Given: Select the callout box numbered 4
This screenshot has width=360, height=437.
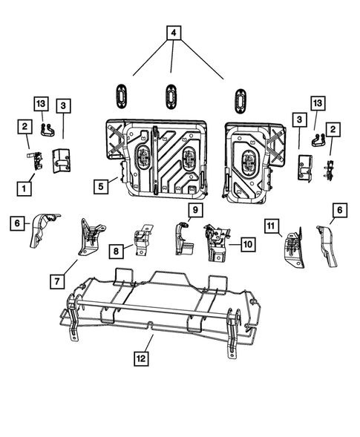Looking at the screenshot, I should [x=173, y=33].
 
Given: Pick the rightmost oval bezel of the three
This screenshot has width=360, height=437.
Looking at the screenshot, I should [x=240, y=99].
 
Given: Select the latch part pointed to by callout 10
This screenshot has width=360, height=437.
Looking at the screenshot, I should [x=217, y=244].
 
